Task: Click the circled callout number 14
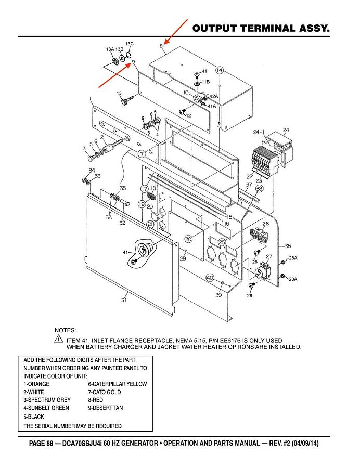219,70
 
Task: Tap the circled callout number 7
142,154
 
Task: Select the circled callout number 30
188,239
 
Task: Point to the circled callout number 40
210,278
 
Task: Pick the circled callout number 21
150,224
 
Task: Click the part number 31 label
124,300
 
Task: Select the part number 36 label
288,246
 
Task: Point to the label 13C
130,43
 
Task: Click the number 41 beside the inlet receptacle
125,252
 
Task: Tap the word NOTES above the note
65,330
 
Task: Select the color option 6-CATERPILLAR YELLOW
117,384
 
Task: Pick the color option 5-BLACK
34,417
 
